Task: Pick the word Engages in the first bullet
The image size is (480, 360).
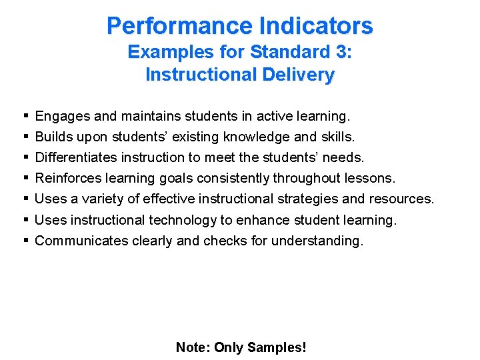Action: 63,117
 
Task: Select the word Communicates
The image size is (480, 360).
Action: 81,241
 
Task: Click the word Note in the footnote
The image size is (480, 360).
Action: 191,347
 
